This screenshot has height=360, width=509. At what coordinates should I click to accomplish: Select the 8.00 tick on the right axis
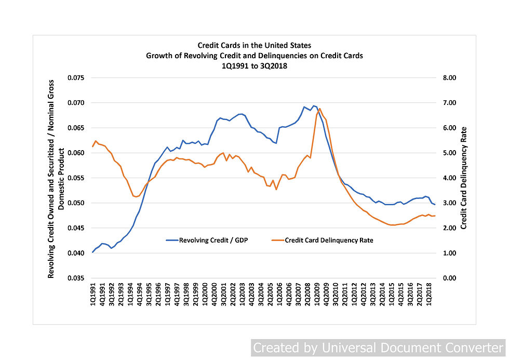[x=448, y=78]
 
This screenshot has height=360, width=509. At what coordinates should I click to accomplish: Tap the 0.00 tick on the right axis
[x=448, y=278]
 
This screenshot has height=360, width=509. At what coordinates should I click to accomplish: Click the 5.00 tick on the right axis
[x=448, y=153]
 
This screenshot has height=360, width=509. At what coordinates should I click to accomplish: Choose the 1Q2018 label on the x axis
[x=429, y=296]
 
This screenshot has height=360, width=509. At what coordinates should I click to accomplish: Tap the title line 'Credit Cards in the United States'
[x=254, y=45]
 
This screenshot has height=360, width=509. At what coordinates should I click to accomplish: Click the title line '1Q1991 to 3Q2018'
[x=254, y=66]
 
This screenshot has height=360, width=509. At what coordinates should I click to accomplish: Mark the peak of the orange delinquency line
[x=320, y=109]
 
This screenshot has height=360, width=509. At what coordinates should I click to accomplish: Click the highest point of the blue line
[x=313, y=105]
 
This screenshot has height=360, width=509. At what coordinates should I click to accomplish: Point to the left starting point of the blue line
[x=92, y=252]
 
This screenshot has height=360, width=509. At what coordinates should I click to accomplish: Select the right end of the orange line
[x=435, y=216]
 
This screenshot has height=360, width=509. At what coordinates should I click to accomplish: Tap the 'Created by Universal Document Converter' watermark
[x=379, y=348]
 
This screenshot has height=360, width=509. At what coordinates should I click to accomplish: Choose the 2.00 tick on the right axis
[x=448, y=228]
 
